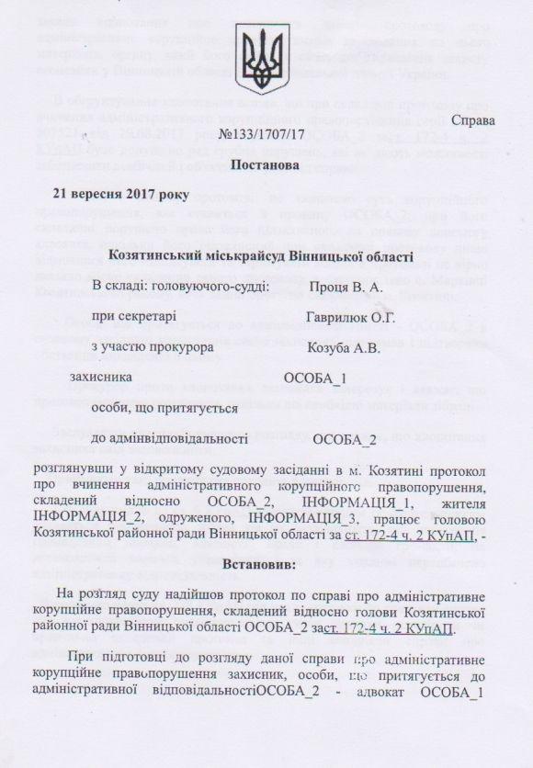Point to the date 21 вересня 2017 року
[x=120, y=194]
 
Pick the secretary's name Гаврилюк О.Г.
[x=351, y=317]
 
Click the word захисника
[x=105, y=377]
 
